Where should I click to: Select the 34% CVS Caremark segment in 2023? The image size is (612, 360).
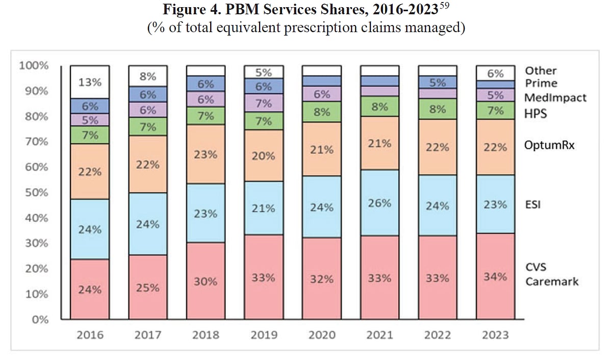point(495,276)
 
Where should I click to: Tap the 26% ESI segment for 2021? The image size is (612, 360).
point(379,202)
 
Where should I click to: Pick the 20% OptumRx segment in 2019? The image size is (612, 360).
point(263,156)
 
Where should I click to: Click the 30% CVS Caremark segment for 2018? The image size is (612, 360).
point(206,281)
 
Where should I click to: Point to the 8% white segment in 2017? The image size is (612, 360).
point(148,76)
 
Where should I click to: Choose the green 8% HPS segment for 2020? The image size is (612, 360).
point(321,111)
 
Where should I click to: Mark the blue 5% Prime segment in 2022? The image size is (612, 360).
point(437,83)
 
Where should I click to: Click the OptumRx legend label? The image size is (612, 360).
point(549,145)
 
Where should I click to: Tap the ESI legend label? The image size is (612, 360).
point(532,205)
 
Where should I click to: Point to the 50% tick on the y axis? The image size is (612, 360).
point(34,193)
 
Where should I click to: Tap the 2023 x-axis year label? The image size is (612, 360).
point(495,335)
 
